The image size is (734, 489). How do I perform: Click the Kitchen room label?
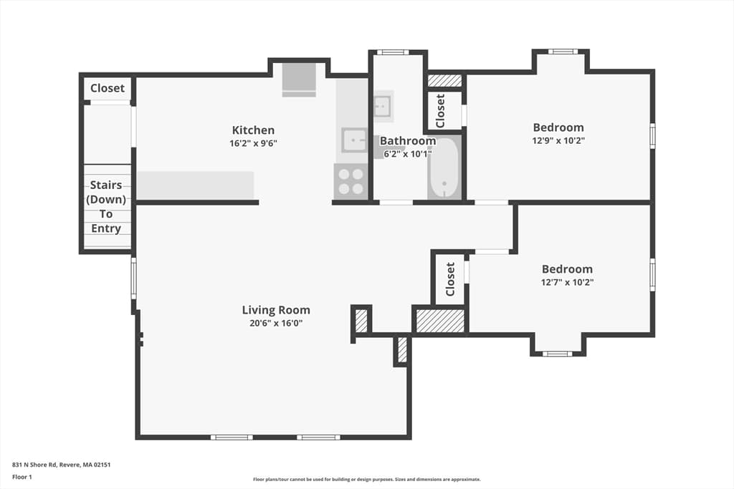click(253, 130)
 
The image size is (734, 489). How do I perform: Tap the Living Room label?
click(276, 310)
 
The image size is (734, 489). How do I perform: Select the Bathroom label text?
click(408, 141)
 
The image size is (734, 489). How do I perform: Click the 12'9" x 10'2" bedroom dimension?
click(558, 140)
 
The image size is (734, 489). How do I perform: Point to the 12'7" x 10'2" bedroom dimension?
click(568, 282)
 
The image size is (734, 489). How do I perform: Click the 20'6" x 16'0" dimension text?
click(276, 323)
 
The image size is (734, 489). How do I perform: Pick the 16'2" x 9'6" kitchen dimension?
click(253, 143)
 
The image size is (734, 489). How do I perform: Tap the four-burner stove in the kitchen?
click(351, 181)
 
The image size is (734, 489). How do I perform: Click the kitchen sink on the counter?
click(354, 140)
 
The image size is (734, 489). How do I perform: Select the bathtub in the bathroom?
click(444, 168)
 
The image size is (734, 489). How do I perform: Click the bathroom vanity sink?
click(383, 107)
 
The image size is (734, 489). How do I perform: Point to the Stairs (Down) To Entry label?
click(106, 207)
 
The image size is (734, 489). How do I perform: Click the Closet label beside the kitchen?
click(108, 88)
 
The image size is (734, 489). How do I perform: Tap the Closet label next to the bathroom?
click(440, 111)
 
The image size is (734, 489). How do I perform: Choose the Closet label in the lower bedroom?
click(450, 279)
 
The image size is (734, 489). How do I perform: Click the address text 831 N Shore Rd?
click(34, 465)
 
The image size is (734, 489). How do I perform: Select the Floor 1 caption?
click(22, 477)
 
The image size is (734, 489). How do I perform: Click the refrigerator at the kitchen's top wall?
click(299, 80)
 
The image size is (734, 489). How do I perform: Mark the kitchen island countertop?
click(195, 185)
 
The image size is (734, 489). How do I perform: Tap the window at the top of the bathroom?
click(394, 52)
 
